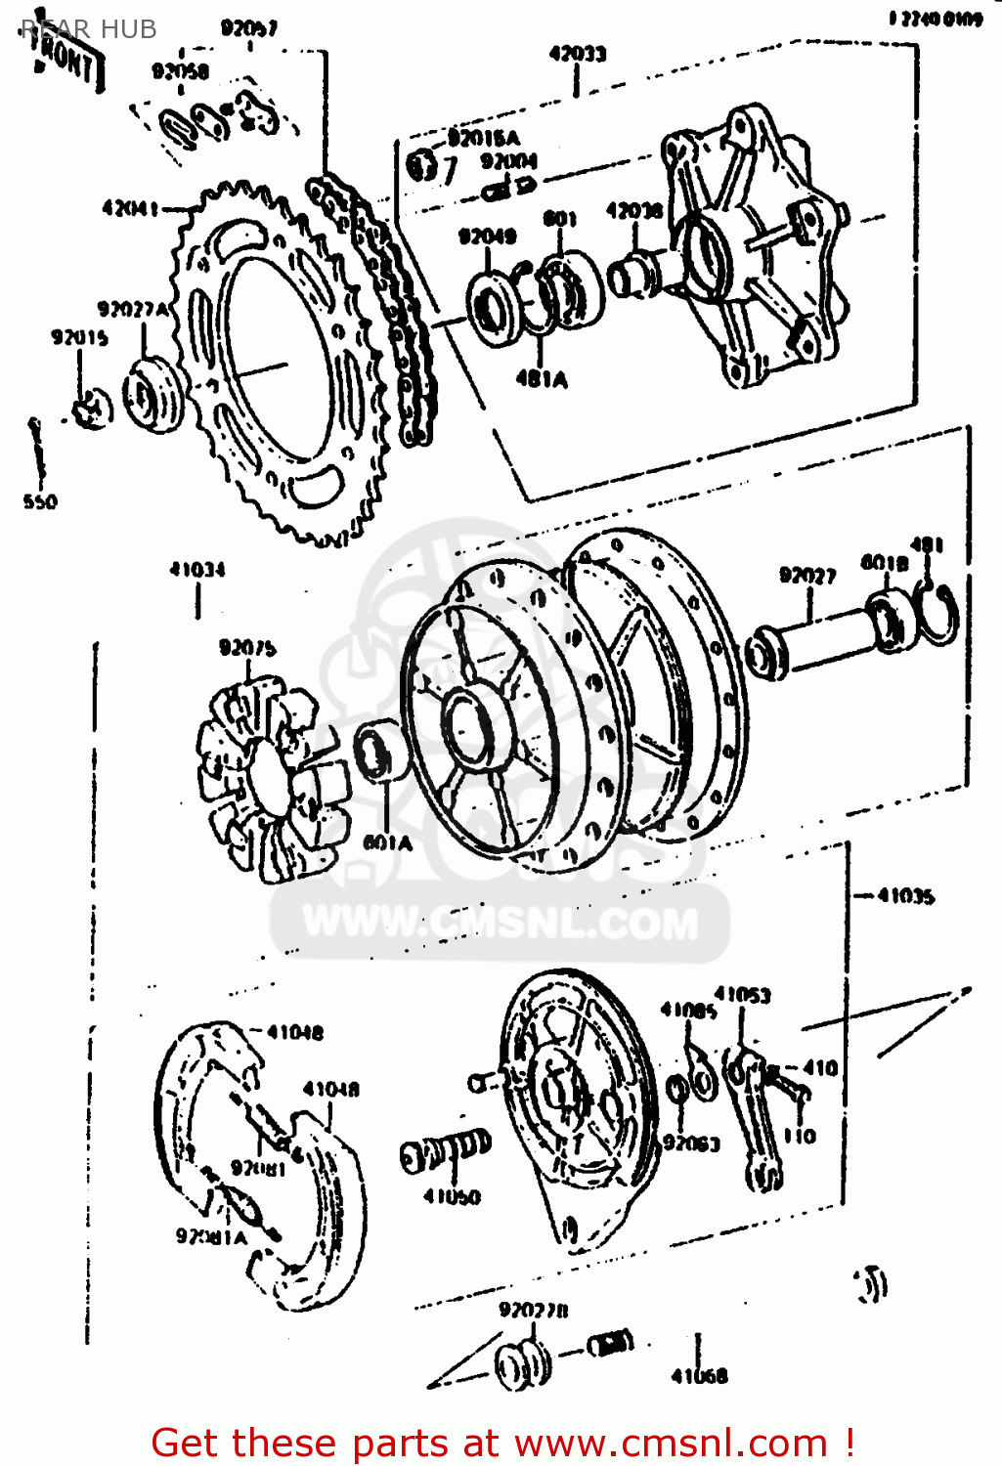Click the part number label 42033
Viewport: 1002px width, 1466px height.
[x=577, y=54]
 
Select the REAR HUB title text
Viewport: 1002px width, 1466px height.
[x=88, y=29]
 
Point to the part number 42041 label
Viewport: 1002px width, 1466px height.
[x=129, y=208]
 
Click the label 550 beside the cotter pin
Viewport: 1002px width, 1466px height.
[x=40, y=502]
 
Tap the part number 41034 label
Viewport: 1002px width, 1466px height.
[x=196, y=569]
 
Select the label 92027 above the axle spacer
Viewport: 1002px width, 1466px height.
[x=807, y=575]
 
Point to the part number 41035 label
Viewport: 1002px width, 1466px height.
[x=905, y=895]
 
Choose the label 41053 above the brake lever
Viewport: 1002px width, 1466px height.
[x=742, y=995]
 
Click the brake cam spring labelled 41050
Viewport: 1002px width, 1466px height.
[x=445, y=1153]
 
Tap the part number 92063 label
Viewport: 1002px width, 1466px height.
[x=691, y=1143]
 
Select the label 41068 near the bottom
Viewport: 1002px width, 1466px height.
[x=699, y=1376]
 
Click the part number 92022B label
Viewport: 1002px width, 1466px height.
[x=533, y=1310]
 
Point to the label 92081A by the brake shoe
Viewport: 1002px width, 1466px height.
[x=211, y=1236]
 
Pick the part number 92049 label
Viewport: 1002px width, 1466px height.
[x=487, y=236]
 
